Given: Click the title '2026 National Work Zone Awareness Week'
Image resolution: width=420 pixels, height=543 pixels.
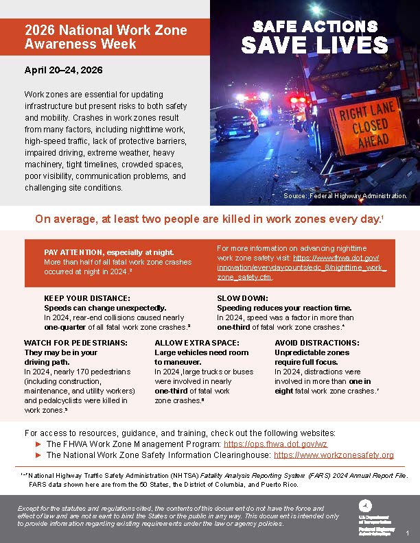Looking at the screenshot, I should (105, 38).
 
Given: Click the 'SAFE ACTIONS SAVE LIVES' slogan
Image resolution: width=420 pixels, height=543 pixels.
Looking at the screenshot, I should (314, 37).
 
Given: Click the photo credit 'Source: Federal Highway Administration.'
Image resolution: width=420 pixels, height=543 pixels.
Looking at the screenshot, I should (345, 196).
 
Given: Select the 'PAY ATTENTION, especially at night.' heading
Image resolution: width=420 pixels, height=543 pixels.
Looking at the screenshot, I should (108, 252).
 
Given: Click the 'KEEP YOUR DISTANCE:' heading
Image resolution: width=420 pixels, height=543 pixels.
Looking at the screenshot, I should (86, 299).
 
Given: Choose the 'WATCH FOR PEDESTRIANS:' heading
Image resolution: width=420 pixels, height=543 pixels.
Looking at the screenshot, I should (75, 342).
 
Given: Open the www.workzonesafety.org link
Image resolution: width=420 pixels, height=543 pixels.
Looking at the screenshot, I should (334, 455).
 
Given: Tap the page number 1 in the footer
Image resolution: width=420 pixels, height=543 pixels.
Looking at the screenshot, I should (407, 533).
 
